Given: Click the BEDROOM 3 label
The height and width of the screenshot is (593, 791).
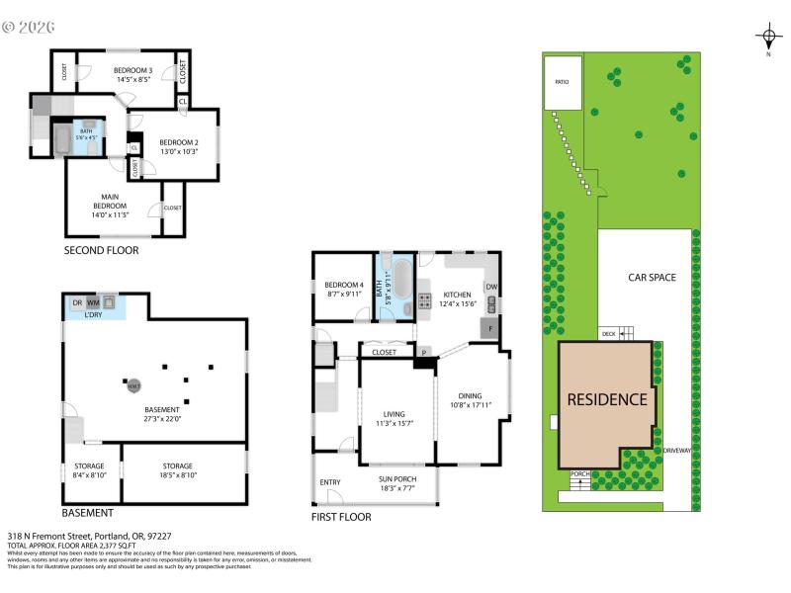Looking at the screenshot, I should (132, 71).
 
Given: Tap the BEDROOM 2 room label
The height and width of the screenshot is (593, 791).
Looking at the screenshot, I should (179, 142).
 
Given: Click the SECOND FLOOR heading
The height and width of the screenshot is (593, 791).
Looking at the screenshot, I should (101, 251).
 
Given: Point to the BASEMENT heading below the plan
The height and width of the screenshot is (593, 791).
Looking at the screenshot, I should (87, 513).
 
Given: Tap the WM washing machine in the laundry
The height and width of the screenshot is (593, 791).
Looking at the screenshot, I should (93, 302).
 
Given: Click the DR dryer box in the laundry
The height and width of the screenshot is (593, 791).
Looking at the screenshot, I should (76, 302).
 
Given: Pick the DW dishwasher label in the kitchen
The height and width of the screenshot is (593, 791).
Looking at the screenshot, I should (491, 288).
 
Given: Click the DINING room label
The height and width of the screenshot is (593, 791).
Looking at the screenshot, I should (470, 396).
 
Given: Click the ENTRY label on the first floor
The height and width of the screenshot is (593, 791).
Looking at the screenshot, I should (330, 482).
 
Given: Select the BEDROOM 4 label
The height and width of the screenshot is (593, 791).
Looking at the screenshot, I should (342, 287).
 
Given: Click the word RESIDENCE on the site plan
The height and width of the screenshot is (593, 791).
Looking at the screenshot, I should (607, 400).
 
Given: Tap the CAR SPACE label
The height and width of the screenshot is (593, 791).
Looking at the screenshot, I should (652, 278).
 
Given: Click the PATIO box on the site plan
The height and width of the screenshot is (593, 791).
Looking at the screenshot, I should (562, 83).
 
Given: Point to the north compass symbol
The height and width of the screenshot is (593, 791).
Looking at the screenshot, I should (768, 39).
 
